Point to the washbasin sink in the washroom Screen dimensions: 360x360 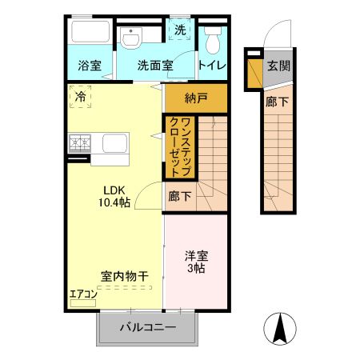(x=131, y=38)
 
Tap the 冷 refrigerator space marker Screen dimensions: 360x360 (x=80, y=98)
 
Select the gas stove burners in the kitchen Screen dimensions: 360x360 (x=80, y=143)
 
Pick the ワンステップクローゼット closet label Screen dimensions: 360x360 (x=180, y=146)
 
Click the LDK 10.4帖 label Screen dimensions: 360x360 (x=112, y=196)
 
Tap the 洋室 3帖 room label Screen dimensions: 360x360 (x=195, y=262)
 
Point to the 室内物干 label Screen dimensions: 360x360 (x=124, y=276)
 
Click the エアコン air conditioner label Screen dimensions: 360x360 (x=83, y=294)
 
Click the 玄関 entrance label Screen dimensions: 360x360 (x=278, y=66)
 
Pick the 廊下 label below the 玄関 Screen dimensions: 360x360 (x=278, y=102)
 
